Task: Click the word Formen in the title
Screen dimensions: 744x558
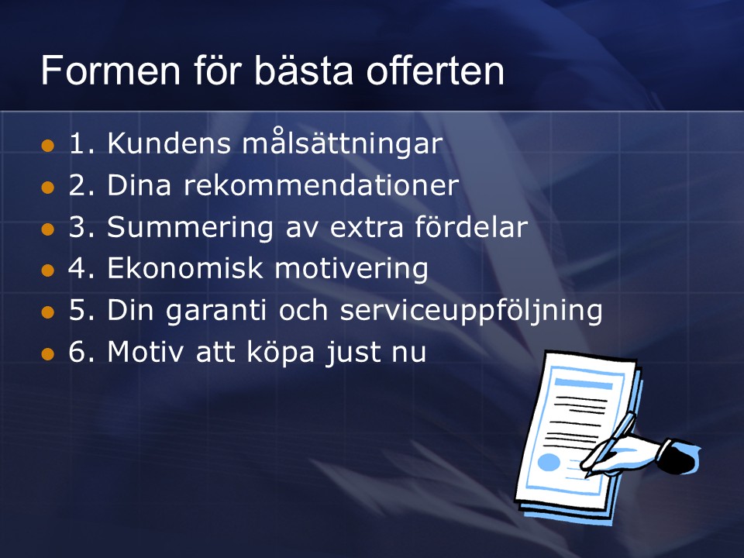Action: [x=111, y=71]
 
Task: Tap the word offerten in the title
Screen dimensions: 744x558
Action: [x=435, y=71]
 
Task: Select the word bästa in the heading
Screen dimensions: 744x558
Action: [x=304, y=71]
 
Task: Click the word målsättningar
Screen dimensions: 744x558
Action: [x=343, y=142]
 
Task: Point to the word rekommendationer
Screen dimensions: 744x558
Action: [x=321, y=184]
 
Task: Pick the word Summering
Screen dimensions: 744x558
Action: [x=191, y=228]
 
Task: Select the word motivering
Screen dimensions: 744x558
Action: [x=352, y=270]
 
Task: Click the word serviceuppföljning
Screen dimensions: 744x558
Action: [x=471, y=311]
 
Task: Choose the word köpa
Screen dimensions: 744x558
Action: [x=281, y=353]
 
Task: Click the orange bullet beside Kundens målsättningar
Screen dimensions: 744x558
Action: [x=48, y=146]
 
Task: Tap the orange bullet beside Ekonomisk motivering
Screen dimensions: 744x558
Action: [x=48, y=271]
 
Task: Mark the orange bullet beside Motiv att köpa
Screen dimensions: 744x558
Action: [x=48, y=354]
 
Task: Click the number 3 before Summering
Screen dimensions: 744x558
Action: [x=77, y=227]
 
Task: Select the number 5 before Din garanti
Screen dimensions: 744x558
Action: [x=77, y=310]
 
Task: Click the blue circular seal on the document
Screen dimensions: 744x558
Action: [x=549, y=462]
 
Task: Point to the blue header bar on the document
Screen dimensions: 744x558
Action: [x=583, y=384]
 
